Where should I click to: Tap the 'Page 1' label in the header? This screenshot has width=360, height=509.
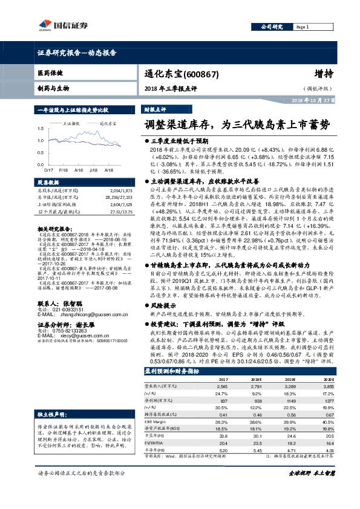tap(303, 28)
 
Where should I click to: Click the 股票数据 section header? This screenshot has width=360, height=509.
tap(51, 181)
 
